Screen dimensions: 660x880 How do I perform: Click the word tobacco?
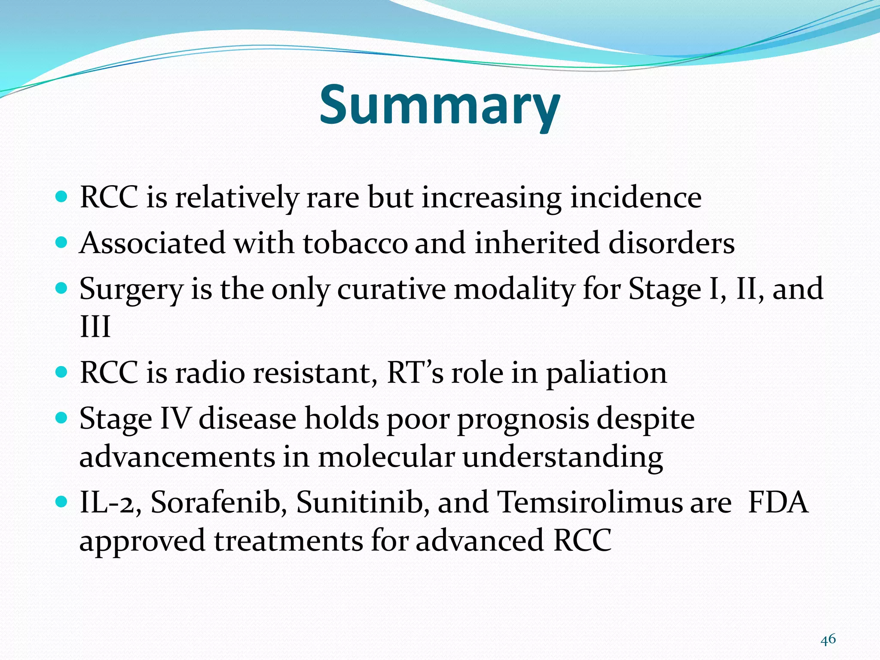point(355,243)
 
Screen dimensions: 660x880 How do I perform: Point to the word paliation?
point(606,373)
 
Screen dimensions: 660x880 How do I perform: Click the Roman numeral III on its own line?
point(95,327)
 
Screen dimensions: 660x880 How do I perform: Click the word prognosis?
point(522,419)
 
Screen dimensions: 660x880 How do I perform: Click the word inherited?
point(537,243)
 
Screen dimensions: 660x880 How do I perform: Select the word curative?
point(391,289)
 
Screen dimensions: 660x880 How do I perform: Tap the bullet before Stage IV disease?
point(62,417)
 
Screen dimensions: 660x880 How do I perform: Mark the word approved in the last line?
point(142,541)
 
